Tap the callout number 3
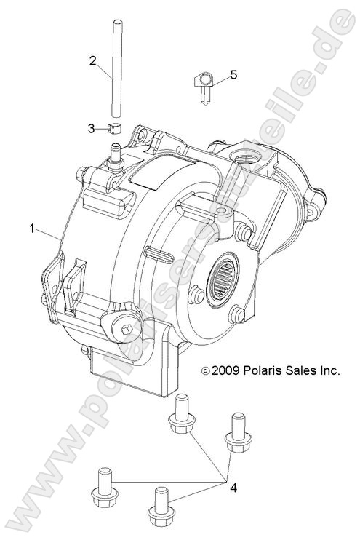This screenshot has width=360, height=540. [92, 129]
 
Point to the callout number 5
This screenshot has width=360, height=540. [233, 74]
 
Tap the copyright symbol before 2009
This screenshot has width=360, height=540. [207, 371]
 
